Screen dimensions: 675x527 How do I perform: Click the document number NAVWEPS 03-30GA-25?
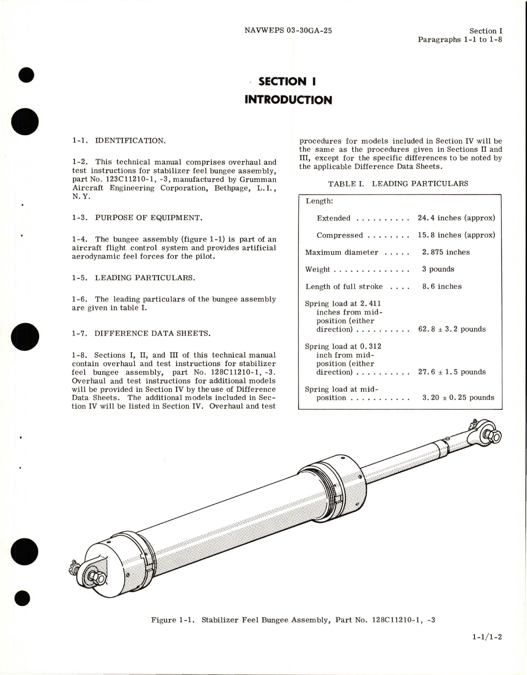point(288,30)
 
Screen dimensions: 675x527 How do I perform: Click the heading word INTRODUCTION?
point(288,100)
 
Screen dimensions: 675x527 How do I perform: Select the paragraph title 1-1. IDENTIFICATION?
point(119,141)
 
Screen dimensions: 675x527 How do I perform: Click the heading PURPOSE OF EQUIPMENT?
point(148,218)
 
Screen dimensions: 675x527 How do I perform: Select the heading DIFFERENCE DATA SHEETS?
point(152,333)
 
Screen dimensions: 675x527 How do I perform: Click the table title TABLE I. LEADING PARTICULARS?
point(398,184)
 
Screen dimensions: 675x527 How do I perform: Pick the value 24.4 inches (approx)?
point(456,218)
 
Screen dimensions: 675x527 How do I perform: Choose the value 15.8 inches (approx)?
point(456,235)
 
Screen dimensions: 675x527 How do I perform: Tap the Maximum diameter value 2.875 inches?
point(446,252)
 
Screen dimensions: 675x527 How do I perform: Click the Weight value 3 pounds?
point(438,269)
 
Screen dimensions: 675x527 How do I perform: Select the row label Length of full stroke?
point(344,286)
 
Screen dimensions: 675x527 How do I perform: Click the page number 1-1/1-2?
point(487,649)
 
